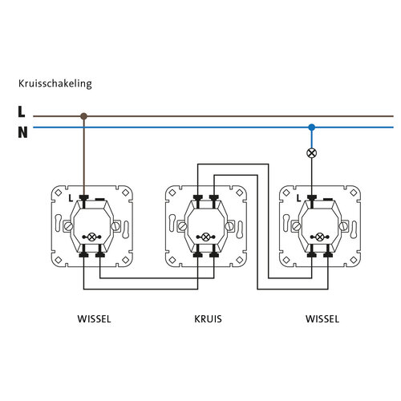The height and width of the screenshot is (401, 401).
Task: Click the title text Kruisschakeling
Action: coord(55,83)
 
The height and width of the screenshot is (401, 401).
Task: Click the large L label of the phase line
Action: coord(22,111)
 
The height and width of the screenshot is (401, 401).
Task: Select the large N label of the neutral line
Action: coord(22,132)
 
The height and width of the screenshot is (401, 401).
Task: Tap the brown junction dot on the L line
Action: coord(83,116)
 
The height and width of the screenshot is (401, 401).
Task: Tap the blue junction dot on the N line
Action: coord(311,128)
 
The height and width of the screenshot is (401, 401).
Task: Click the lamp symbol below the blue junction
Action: coord(311,153)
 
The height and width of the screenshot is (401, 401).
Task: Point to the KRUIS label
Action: coord(208,319)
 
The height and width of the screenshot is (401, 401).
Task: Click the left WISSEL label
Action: coord(94,319)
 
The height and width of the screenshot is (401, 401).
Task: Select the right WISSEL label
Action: coord(322,319)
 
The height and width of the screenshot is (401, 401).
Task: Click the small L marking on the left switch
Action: coord(71,198)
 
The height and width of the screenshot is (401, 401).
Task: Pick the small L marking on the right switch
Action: coord(298,198)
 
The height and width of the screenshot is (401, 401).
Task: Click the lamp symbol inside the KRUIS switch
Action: coord(205,237)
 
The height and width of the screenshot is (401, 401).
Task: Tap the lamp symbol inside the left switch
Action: coord(91,237)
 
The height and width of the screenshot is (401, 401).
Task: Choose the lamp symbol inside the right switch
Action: coord(320,237)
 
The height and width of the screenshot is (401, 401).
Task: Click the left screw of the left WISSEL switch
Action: coord(68,226)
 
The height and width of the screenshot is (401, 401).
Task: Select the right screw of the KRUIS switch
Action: coord(229,226)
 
